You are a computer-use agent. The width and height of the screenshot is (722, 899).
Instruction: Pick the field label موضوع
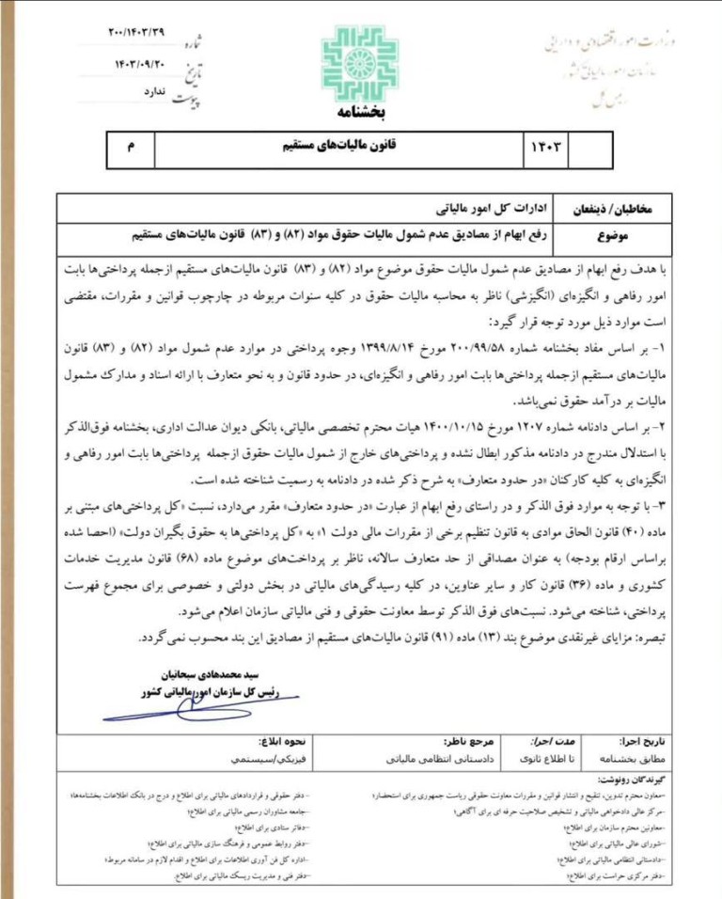pos(640,229)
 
